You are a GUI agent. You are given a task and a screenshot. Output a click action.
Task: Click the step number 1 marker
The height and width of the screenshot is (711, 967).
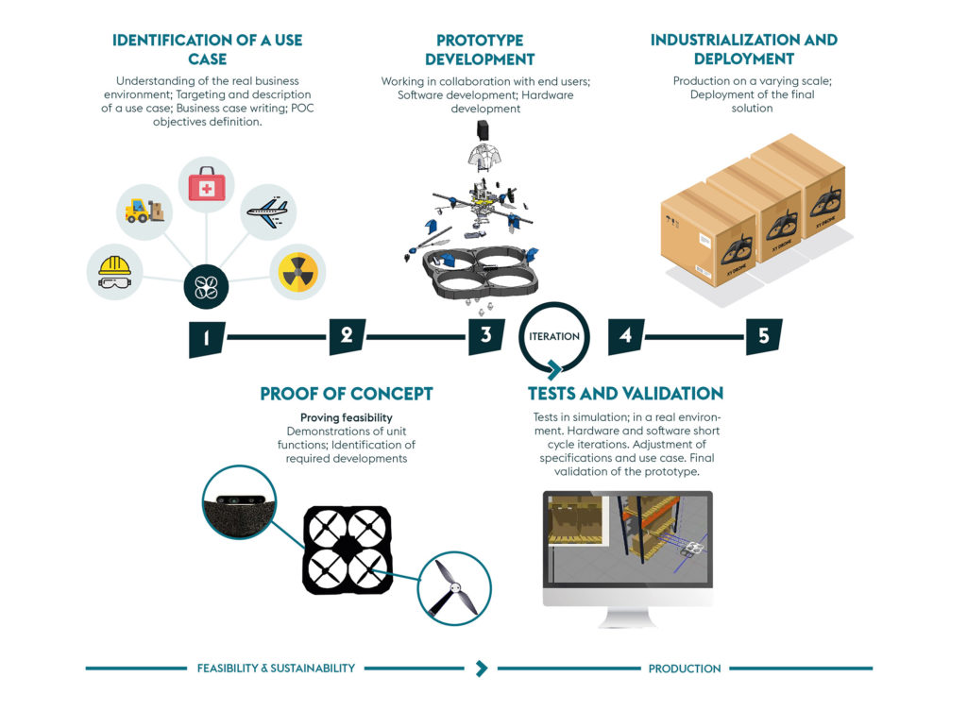(207, 338)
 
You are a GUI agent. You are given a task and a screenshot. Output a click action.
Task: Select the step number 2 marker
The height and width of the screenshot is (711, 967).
(347, 336)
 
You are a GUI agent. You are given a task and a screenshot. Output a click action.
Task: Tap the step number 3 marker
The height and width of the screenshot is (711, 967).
(486, 336)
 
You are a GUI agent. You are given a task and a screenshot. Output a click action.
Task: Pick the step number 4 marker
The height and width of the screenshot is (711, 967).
(625, 336)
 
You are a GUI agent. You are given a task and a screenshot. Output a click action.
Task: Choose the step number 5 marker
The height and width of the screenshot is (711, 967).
(764, 336)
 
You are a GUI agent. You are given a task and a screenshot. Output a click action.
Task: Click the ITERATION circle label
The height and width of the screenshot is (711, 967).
(554, 336)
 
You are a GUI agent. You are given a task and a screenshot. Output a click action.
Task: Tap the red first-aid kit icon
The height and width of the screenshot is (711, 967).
(207, 186)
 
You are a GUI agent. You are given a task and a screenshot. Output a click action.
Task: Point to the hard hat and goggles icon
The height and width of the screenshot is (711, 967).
(114, 273)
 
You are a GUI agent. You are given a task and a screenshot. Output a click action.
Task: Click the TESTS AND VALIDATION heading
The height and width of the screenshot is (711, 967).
(625, 393)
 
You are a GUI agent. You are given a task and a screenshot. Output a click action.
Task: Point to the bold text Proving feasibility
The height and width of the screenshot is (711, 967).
(347, 417)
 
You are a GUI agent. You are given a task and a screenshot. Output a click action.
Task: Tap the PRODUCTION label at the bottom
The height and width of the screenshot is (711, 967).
(685, 669)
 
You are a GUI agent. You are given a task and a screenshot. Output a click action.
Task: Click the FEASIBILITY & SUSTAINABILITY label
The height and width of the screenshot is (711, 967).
(276, 669)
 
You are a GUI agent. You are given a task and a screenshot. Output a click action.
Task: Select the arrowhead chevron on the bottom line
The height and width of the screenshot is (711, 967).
(482, 669)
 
